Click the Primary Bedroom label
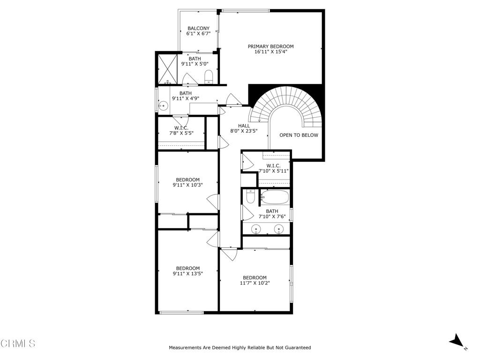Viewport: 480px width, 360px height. click(270, 46)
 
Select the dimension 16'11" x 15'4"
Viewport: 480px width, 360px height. click(270, 52)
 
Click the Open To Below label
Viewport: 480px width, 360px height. click(299, 135)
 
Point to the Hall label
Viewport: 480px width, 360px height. click(244, 126)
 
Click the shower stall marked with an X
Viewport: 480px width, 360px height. click(166, 68)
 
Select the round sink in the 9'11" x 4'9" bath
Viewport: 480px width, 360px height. click(164, 106)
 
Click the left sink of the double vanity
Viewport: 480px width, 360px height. click(256, 229)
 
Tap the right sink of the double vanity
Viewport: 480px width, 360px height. click(279, 229)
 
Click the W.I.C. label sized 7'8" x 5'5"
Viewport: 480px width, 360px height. click(181, 128)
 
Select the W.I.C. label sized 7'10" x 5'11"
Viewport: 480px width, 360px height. click(273, 165)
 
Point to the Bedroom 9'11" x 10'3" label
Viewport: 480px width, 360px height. click(187, 180)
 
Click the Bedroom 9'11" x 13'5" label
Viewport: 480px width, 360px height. click(187, 268)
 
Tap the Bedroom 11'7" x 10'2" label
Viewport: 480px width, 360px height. click(255, 277)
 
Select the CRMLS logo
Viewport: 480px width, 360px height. click(18, 344)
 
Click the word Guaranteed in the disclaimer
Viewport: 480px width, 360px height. click(295, 348)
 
